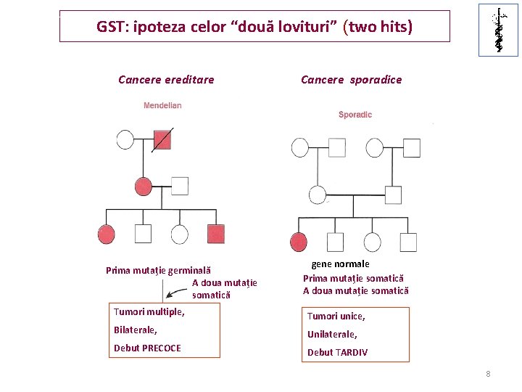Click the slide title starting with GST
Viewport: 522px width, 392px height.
click(254, 28)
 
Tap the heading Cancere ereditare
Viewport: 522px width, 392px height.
click(166, 80)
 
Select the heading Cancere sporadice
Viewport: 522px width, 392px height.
click(351, 80)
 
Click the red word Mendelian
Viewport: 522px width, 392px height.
click(162, 106)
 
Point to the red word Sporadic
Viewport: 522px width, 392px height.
click(355, 115)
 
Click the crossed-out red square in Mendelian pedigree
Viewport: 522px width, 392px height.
click(163, 139)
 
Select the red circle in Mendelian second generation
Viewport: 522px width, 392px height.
click(144, 186)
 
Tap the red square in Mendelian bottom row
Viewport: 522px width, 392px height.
click(216, 233)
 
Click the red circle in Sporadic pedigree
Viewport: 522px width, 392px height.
click(298, 242)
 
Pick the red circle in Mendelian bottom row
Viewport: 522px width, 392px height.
click(107, 234)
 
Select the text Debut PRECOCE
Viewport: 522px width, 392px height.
click(147, 348)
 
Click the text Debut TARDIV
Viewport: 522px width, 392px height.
click(337, 353)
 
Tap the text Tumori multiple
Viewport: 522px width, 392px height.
click(149, 312)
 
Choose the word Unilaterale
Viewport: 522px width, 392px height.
click(332, 335)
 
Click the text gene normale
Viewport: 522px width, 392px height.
click(340, 264)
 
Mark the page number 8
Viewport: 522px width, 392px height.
click(488, 374)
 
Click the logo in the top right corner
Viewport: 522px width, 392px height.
click(498, 30)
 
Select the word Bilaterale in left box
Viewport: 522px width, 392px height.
click(135, 330)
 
